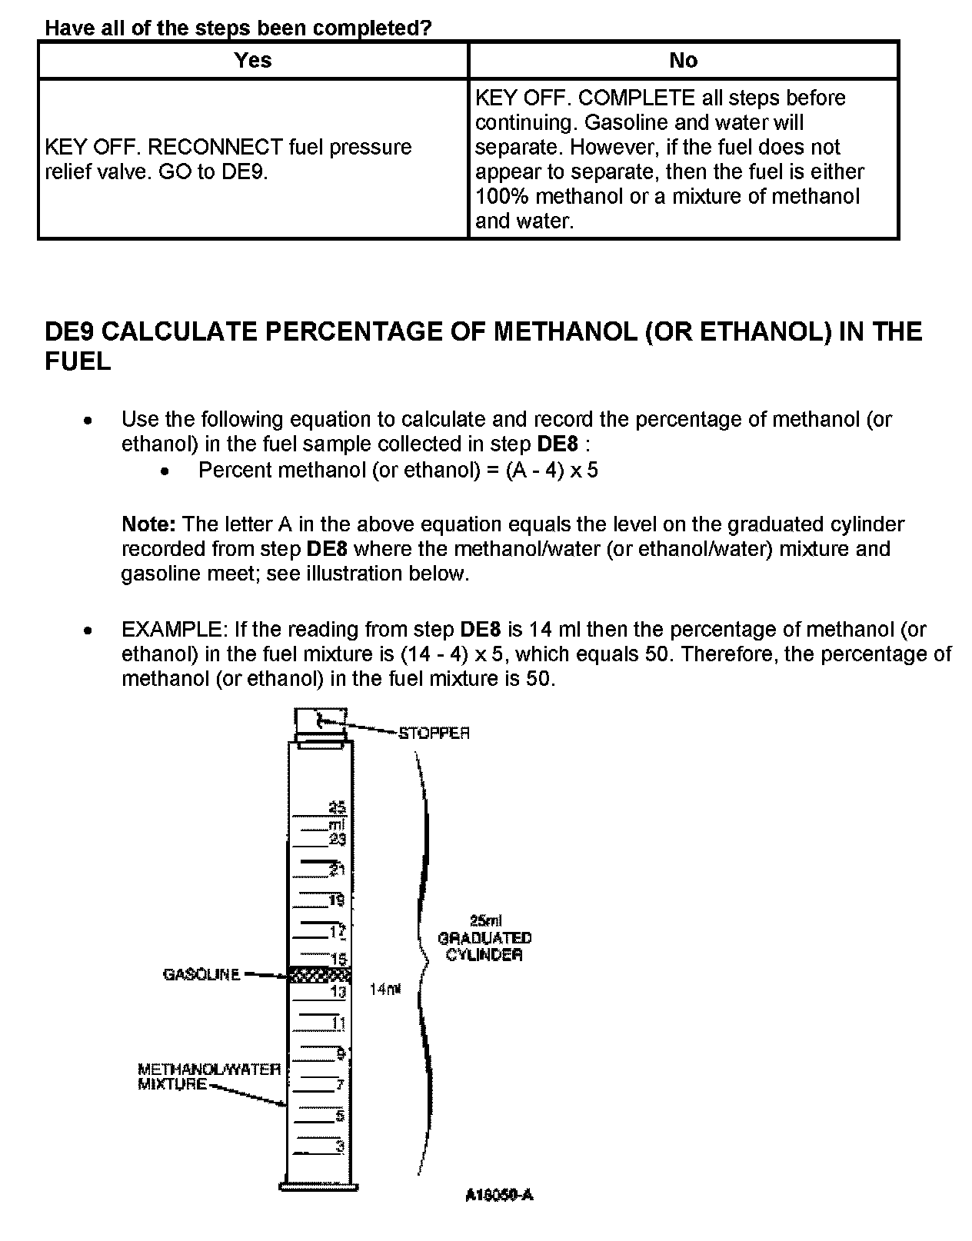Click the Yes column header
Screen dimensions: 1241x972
pos(252,60)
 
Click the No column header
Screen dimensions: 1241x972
pos(683,60)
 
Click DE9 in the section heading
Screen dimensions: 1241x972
pos(70,332)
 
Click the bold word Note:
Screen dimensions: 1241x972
pos(149,524)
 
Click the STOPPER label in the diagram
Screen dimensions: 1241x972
pos(434,734)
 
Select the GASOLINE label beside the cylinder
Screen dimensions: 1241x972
pos(201,974)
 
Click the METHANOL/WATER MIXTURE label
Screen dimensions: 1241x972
pos(208,1076)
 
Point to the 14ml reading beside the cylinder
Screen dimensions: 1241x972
pos(385,990)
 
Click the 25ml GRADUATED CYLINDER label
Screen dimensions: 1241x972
pos(484,938)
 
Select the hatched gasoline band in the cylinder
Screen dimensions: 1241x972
pos(319,975)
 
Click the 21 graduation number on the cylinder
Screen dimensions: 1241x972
pos(337,870)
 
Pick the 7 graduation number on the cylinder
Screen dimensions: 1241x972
pos(339,1085)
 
